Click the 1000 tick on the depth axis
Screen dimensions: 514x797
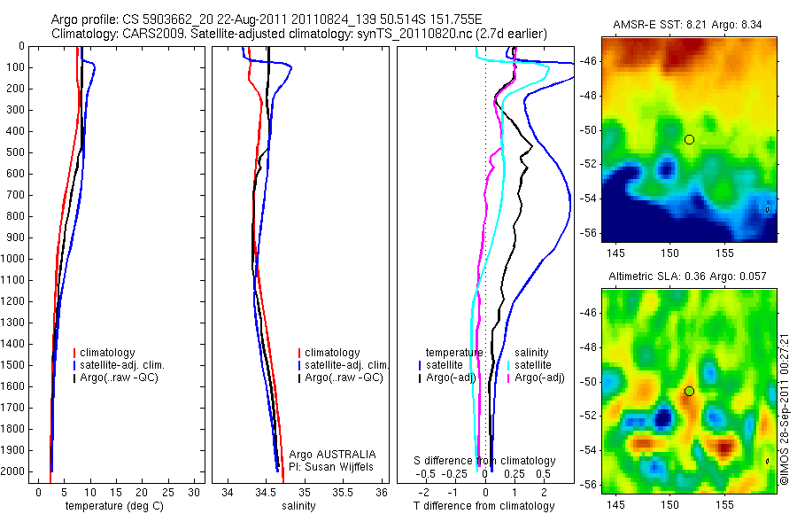[16, 259]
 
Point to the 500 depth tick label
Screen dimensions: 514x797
[16, 152]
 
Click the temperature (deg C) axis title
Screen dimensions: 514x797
[107, 506]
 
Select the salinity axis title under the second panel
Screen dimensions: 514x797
[298, 506]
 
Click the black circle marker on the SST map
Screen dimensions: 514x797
[689, 139]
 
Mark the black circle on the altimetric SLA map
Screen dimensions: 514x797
[689, 391]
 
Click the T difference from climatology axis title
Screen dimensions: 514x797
[484, 506]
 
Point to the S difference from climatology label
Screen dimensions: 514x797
[485, 461]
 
